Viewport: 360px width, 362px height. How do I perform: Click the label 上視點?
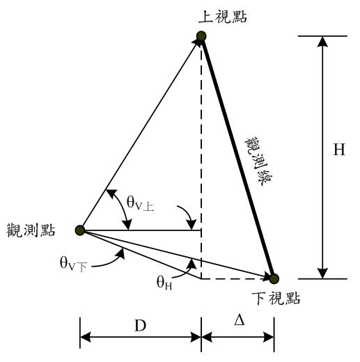point(222,17)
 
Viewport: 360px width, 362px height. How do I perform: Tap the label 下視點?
point(276,298)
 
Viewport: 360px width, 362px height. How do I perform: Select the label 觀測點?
point(31,230)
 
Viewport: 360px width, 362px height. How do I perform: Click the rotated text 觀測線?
point(258,161)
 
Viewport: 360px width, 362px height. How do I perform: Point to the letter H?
point(339,150)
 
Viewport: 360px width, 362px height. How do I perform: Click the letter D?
point(141,326)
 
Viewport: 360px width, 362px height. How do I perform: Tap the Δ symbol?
point(239,321)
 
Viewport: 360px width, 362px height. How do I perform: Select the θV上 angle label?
point(140,203)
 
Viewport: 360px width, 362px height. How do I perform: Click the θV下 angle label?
point(73,265)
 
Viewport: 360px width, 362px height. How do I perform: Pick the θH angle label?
point(164,283)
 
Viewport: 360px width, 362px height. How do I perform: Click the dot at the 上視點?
point(201,36)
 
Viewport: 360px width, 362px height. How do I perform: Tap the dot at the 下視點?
point(274,278)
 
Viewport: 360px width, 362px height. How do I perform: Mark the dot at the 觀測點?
point(80,230)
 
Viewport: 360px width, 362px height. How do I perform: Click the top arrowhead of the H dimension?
point(322,42)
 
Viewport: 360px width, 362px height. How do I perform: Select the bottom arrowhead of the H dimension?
point(322,273)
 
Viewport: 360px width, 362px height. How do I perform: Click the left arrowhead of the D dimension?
point(86,337)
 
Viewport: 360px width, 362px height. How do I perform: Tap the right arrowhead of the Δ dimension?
point(268,337)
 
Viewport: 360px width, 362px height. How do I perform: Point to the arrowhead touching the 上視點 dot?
point(196,42)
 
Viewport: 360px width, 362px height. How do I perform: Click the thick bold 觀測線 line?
point(237,157)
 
